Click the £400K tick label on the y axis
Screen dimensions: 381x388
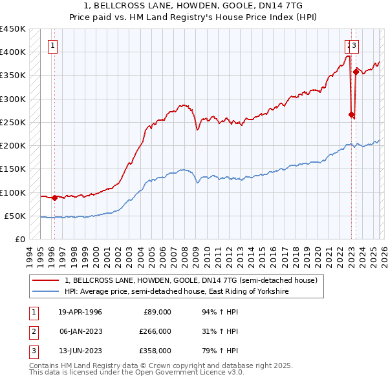(13, 52)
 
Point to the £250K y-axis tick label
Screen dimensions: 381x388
(13, 122)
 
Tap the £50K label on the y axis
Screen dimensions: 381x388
(16, 216)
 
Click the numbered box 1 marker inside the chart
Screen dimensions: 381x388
(52, 45)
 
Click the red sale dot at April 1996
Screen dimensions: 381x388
(54, 198)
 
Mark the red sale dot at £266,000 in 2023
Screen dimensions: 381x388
(351, 115)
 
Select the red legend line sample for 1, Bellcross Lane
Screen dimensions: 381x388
(45, 280)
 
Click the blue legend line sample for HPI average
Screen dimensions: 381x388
(45, 292)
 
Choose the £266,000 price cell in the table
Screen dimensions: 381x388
(155, 331)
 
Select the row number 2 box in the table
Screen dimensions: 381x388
(32, 331)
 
